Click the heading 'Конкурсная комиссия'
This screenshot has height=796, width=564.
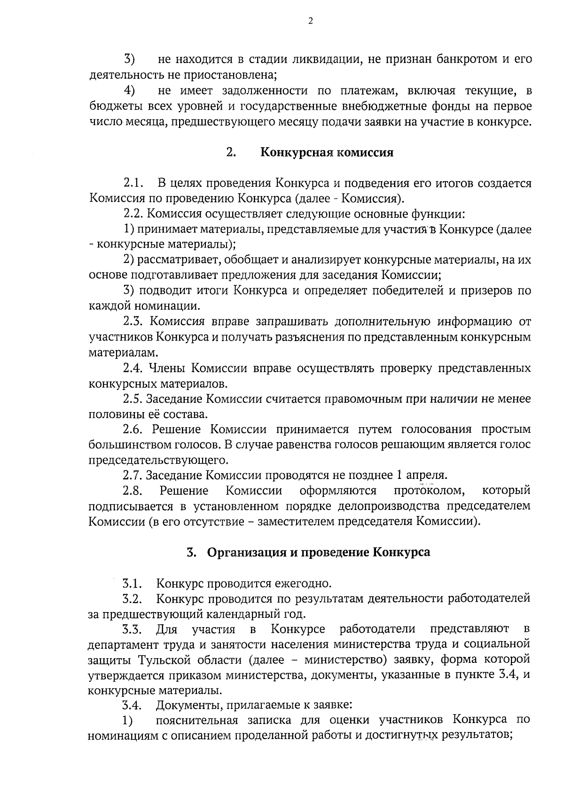pyautogui.click(x=327, y=153)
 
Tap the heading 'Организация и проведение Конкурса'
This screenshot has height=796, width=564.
pyautogui.click(x=319, y=552)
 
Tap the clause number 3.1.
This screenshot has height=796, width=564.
pyautogui.click(x=133, y=584)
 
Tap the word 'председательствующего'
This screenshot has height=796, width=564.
pyautogui.click(x=158, y=460)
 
